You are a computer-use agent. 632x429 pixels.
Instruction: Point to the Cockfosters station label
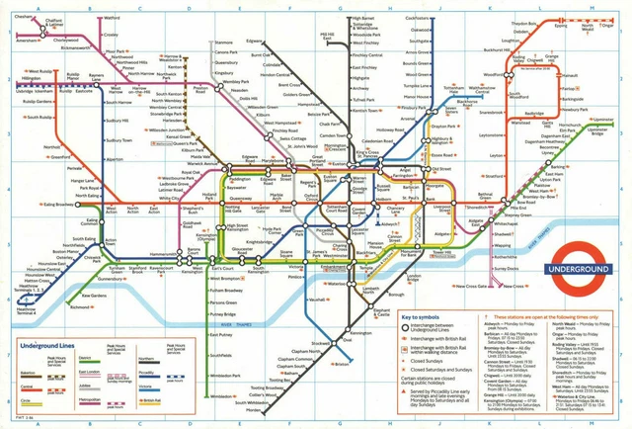point(417,18)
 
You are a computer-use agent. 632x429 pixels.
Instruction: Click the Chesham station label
point(22,17)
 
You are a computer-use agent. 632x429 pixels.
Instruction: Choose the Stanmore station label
point(224,43)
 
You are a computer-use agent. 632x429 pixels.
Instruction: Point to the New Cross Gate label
point(477,288)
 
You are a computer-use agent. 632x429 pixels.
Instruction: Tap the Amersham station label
point(27,42)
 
